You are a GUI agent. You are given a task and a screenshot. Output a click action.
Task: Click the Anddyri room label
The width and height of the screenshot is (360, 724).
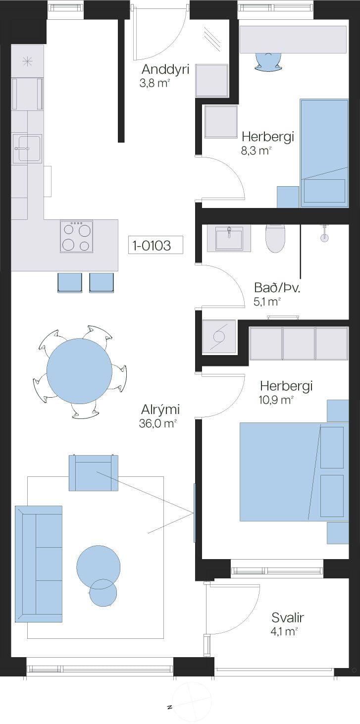(165, 69)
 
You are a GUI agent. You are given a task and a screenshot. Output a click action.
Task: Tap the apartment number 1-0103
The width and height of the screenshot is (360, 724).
(152, 246)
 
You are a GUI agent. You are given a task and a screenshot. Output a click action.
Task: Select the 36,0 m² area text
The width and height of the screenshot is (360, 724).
(157, 423)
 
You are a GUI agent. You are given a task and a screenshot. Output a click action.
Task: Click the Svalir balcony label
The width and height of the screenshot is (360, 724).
(288, 618)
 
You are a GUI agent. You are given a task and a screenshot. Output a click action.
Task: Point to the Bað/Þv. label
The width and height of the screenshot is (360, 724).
(277, 287)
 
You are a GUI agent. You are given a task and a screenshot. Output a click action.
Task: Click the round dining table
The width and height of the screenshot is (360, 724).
(80, 371)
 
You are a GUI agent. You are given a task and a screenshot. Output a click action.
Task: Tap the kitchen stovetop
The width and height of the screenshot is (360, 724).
(77, 236)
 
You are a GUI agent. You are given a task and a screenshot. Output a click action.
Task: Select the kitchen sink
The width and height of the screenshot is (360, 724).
(27, 149)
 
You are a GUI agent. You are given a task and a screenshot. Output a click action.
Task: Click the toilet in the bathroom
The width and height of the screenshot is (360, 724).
(275, 239)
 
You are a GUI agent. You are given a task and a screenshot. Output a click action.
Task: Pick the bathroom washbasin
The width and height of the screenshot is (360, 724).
(229, 238)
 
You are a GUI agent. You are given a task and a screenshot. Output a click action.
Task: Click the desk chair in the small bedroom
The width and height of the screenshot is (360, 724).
(268, 61)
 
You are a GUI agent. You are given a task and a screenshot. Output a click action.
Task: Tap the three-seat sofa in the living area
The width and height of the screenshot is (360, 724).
(39, 564)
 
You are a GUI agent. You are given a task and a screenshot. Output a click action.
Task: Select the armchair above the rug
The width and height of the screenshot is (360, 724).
(94, 473)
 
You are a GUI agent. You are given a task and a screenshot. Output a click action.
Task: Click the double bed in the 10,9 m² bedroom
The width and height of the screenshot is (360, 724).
(294, 471)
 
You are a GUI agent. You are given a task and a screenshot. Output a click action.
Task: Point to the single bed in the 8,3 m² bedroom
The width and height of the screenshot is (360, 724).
(324, 153)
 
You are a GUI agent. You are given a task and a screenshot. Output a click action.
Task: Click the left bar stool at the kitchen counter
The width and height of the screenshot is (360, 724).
(69, 283)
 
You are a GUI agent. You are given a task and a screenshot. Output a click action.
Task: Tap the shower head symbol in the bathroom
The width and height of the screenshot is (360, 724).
(324, 234)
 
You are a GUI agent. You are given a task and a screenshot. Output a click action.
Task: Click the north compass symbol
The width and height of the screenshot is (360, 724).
(192, 702)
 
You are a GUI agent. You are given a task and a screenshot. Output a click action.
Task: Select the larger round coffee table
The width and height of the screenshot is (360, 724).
(99, 567)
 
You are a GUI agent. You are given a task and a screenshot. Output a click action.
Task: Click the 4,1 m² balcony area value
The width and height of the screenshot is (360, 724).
(284, 631)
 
